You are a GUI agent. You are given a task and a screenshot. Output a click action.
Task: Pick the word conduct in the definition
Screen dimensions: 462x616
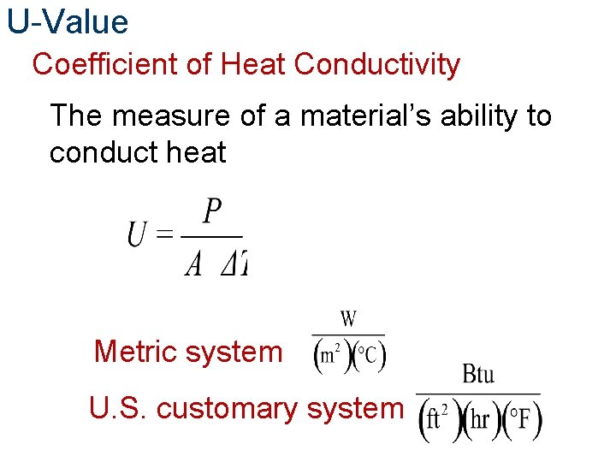click(x=103, y=153)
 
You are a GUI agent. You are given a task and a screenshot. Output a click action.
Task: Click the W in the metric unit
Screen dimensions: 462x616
click(x=348, y=320)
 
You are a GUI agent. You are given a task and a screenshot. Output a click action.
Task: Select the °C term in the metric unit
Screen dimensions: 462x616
click(x=369, y=355)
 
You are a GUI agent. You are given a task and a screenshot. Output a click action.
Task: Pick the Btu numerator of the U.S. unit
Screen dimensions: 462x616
click(x=478, y=375)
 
